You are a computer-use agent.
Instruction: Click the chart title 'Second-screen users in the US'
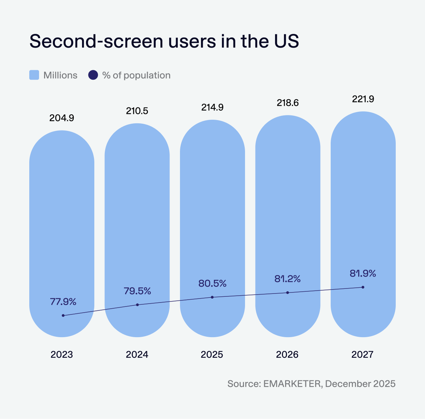click(164, 41)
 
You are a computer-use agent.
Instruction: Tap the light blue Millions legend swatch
click(34, 75)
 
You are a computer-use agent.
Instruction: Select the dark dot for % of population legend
click(93, 75)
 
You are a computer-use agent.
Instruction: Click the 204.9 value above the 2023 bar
click(62, 118)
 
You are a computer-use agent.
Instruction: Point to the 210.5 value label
click(137, 111)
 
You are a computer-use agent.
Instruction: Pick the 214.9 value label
click(212, 107)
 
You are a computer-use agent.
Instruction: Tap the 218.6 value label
click(288, 103)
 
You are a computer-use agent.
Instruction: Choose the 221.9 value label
click(363, 99)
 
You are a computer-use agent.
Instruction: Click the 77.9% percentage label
click(63, 302)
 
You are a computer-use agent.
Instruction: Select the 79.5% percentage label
click(137, 291)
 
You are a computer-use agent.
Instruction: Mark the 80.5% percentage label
click(212, 283)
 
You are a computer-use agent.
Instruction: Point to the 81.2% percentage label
click(288, 279)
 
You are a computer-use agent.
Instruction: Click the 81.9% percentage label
click(363, 273)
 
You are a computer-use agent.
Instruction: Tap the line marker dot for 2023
click(63, 316)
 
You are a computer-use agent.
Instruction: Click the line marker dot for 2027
click(363, 287)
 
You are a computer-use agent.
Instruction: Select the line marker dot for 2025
click(212, 297)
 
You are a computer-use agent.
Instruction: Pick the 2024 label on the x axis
click(137, 355)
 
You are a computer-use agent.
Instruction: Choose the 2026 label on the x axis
click(287, 355)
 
